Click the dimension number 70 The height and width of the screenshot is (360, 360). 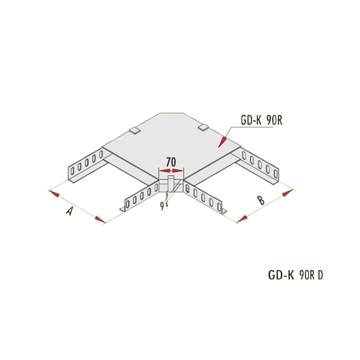tap(171, 163)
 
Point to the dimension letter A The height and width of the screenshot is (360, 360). tap(69, 210)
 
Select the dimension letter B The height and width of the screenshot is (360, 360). tap(261, 200)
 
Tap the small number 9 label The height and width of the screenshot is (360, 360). tap(162, 206)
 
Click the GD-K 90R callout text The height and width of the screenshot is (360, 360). tap(261, 121)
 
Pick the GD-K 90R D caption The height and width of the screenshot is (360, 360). tap(295, 275)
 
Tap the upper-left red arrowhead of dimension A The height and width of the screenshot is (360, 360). tap(54, 194)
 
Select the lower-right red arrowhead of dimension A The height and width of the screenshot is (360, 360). tap(100, 219)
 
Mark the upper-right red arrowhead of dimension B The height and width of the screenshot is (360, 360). tap(288, 193)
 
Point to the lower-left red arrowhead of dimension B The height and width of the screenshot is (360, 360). tap(242, 219)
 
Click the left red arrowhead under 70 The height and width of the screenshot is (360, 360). tap(165, 171)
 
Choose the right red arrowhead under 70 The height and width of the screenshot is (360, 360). tap(177, 171)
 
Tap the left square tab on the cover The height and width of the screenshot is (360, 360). tap(135, 130)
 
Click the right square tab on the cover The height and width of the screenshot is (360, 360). tap(204, 127)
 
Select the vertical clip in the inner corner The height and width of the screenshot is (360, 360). tap(171, 184)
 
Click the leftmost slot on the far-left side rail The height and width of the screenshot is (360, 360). tap(72, 171)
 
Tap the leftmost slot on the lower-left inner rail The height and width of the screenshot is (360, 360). tap(128, 204)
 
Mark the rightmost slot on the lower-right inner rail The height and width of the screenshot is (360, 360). tap(219, 207)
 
